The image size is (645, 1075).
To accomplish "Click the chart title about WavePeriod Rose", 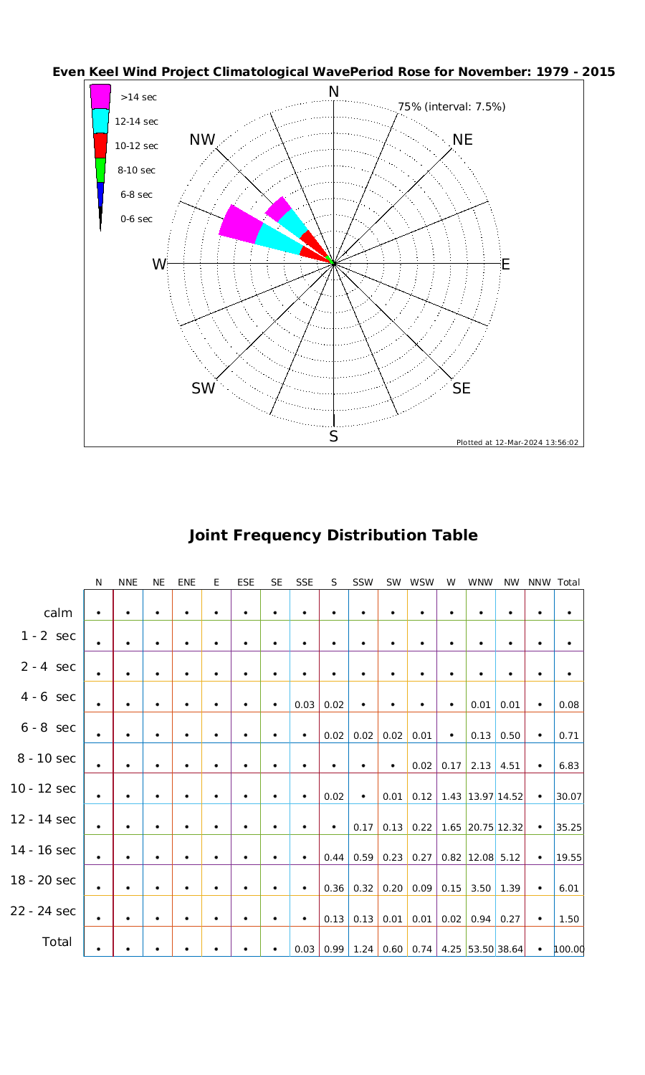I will tap(333, 72).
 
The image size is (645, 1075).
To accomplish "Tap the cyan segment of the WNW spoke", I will tap(278, 239).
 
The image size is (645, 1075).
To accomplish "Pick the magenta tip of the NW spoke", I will tap(276, 208).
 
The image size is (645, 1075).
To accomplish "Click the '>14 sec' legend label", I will tap(138, 97).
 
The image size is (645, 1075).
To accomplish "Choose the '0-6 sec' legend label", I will tap(136, 219).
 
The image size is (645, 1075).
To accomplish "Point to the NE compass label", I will tap(463, 140).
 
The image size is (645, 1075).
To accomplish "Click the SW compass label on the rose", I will tap(204, 388).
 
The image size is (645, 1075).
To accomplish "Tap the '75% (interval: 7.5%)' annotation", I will tap(451, 107).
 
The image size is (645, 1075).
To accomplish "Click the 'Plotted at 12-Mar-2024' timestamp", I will tap(517, 442).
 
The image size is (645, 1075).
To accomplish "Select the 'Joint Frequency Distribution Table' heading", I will tap(333, 535).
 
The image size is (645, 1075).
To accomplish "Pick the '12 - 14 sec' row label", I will tap(43, 819).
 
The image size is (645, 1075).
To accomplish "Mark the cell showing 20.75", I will tap(480, 827).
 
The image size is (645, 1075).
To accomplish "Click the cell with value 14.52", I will tap(510, 796).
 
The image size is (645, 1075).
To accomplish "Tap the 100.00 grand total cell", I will tap(569, 950).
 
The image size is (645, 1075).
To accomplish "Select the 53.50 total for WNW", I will tap(480, 950).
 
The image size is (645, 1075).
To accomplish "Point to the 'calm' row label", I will tap(58, 613).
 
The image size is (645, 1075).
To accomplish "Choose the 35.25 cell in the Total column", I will tap(569, 827).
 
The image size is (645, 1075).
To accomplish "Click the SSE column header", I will tap(305, 583).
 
